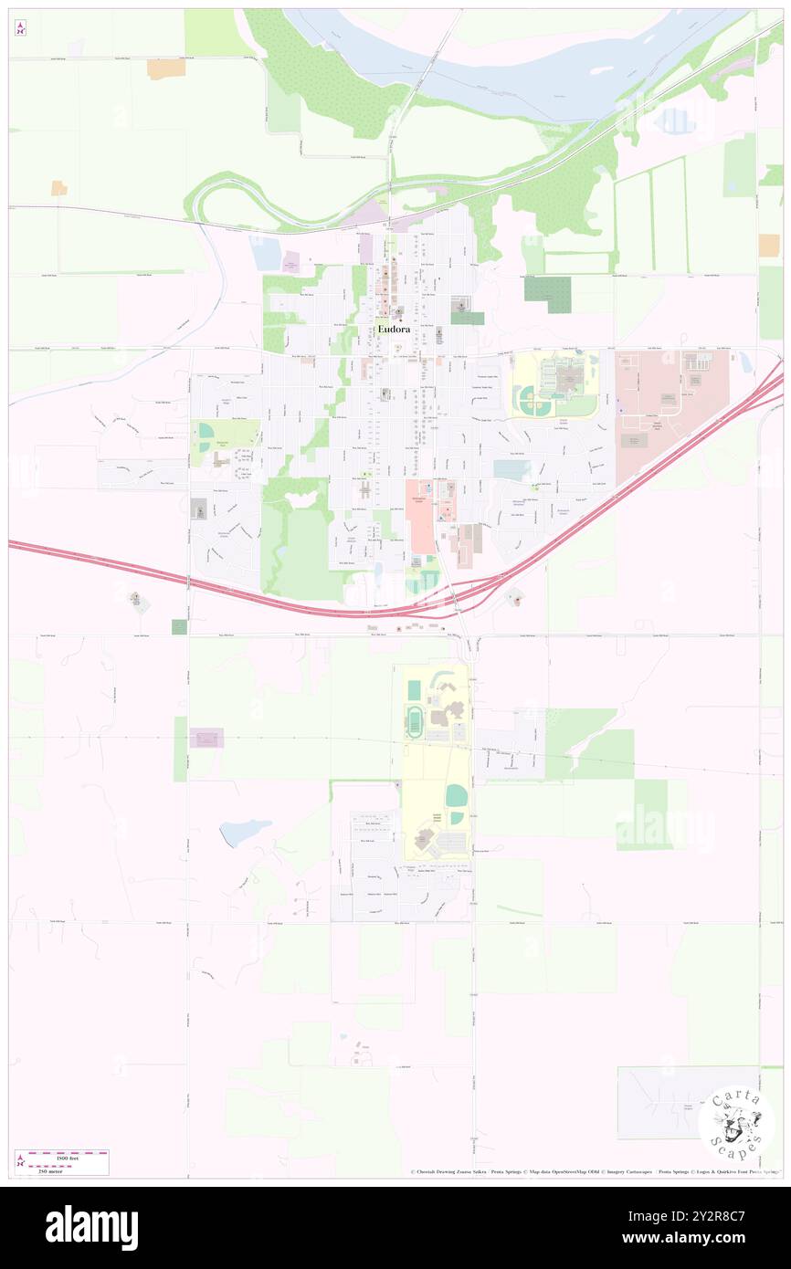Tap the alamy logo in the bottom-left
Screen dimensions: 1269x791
click(92, 1227)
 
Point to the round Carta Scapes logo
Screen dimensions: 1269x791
click(736, 1124)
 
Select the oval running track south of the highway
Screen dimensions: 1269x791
click(415, 723)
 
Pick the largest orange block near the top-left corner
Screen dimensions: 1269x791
click(166, 68)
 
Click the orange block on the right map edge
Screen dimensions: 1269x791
click(768, 245)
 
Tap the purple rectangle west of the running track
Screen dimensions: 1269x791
click(208, 738)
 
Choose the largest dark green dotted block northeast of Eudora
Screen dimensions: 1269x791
click(547, 294)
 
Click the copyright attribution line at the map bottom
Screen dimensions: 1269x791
click(594, 1172)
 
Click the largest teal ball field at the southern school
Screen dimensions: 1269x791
click(455, 795)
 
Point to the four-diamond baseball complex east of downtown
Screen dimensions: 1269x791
click(527, 400)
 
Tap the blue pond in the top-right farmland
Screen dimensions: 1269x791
click(677, 121)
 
